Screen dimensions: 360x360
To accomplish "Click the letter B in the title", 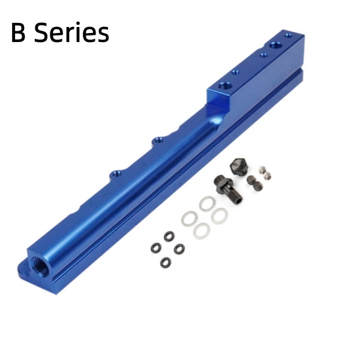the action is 18,32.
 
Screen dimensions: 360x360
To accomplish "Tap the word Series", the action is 71,32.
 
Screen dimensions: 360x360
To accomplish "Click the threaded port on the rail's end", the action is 41,267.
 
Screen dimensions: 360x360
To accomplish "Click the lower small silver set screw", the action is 268,176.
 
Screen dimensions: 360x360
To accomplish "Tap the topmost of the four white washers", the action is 207,203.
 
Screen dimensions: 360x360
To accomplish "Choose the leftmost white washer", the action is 190,218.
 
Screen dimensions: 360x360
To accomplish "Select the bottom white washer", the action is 202,230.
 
